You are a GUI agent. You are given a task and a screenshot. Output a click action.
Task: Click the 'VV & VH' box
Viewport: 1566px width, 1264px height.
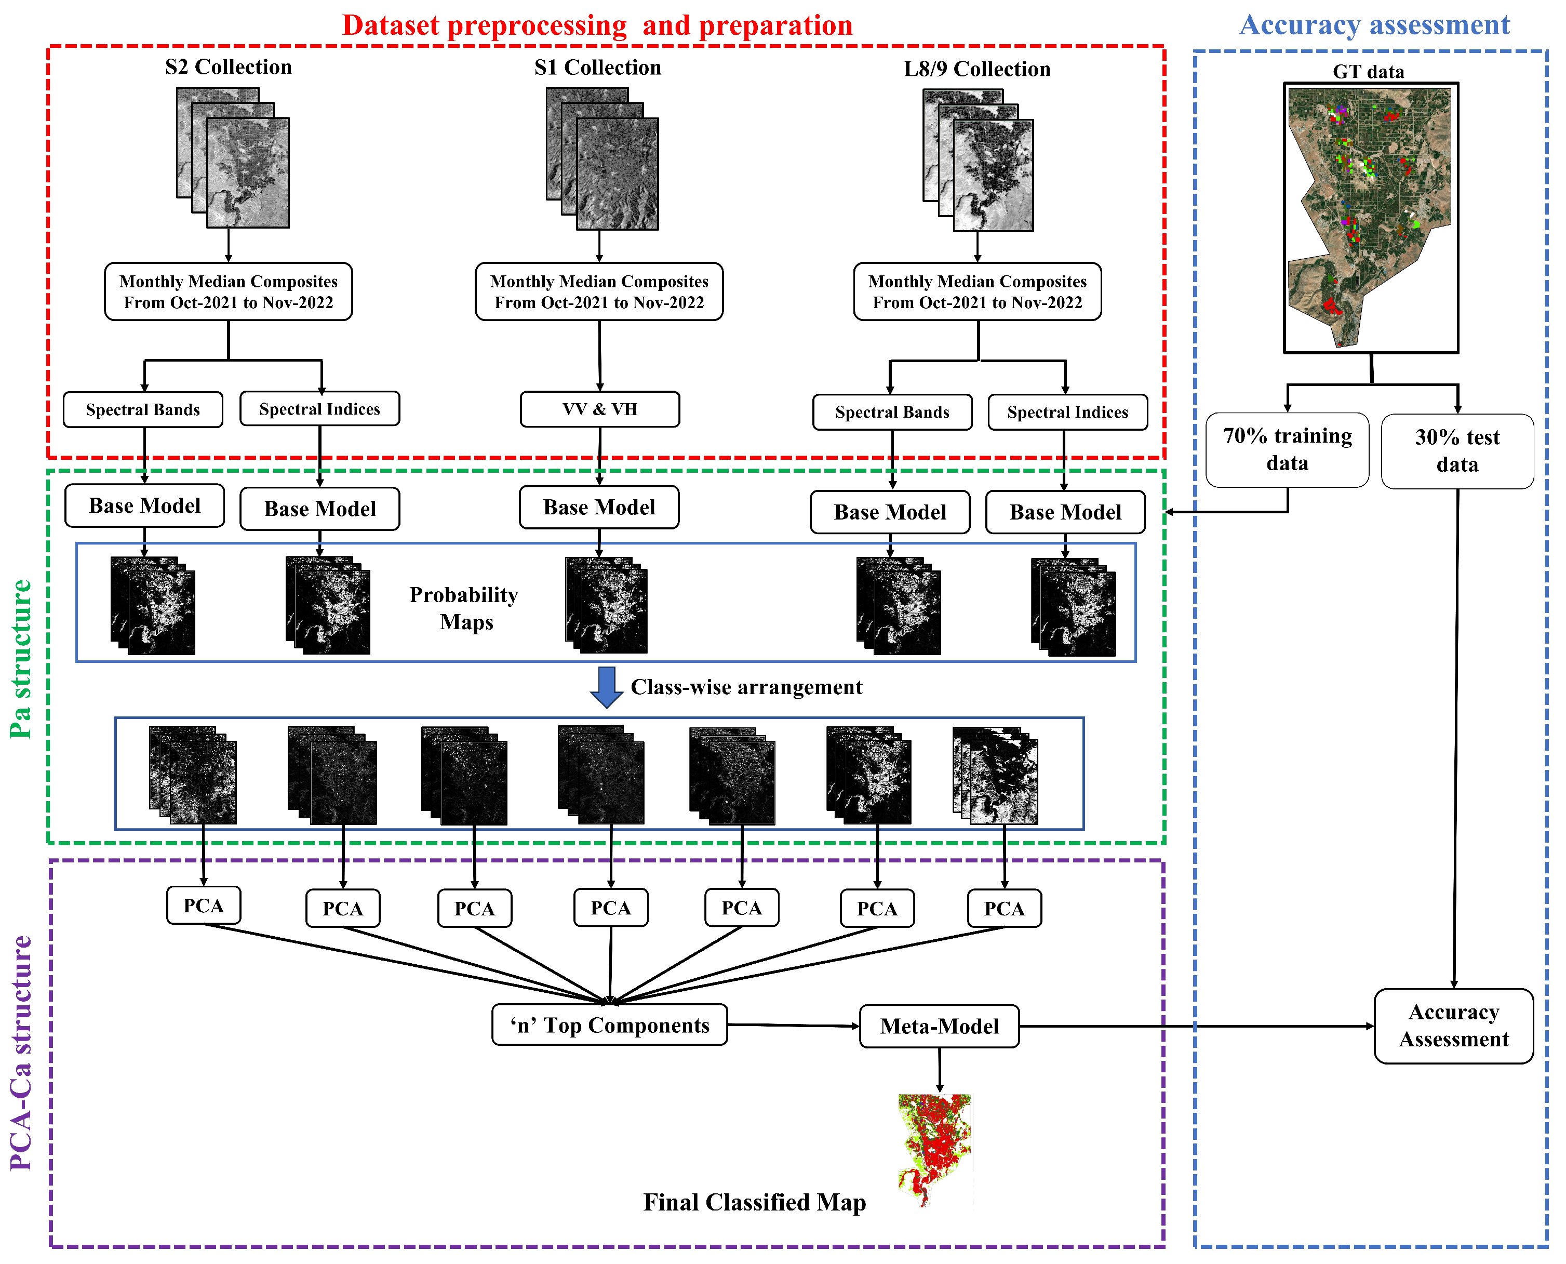(599, 409)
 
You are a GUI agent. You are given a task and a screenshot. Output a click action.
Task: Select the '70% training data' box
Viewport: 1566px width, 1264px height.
(1287, 449)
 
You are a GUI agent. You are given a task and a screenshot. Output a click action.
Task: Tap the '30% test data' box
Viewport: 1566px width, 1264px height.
(1457, 451)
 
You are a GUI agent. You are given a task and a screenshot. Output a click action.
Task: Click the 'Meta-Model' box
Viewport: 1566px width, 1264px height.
(939, 1026)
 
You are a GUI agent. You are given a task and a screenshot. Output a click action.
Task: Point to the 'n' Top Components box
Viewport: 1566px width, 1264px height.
(609, 1024)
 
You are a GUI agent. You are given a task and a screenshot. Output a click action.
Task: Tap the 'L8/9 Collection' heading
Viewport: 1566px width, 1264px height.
(976, 69)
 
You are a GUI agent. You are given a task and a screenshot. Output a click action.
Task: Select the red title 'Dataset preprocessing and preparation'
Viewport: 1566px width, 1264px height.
(596, 25)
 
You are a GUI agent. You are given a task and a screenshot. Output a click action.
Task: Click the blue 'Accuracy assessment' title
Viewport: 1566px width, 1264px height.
(1374, 25)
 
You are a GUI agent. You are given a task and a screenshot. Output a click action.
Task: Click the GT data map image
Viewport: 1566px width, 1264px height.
(1370, 217)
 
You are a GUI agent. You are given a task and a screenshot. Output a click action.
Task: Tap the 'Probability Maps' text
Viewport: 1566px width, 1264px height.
(464, 608)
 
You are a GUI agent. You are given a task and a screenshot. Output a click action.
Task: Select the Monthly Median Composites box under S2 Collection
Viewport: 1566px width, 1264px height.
(228, 291)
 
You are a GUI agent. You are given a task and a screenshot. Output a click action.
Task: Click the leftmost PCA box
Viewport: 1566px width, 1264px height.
(203, 905)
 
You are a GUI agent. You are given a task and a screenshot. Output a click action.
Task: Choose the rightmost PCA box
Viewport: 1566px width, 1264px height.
(1003, 908)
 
